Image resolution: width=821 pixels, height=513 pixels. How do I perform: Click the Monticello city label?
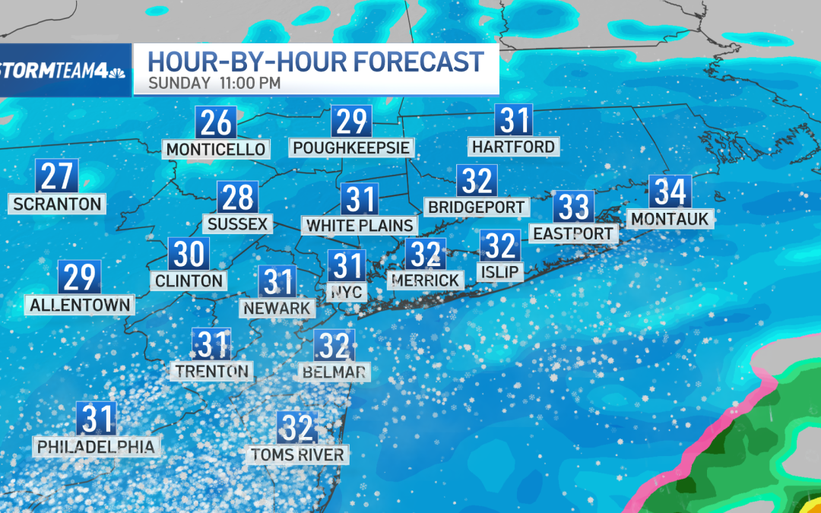pos(217,149)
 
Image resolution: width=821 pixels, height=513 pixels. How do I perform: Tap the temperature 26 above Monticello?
pos(217,122)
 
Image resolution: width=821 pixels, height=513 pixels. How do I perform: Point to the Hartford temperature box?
pos(513,121)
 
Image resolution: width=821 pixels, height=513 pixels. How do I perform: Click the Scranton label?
pos(57,204)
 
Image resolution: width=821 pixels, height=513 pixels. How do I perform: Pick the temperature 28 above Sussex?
pos(237,198)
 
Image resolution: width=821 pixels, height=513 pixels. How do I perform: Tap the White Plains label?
pos(360,225)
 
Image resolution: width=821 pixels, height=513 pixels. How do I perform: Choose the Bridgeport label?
pos(477,207)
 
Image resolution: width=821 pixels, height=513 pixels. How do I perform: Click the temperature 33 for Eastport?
pos(573,206)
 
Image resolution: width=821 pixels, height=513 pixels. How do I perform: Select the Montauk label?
pos(670,220)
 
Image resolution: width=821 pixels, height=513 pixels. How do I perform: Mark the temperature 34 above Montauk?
pos(670,192)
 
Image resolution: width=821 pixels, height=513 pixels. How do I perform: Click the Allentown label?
pos(80,306)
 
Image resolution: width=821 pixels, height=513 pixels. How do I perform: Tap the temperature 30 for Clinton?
pos(189,254)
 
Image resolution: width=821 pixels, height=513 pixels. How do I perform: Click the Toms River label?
pos(297,455)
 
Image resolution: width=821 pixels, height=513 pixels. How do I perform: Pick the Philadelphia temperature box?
pos(97,420)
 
